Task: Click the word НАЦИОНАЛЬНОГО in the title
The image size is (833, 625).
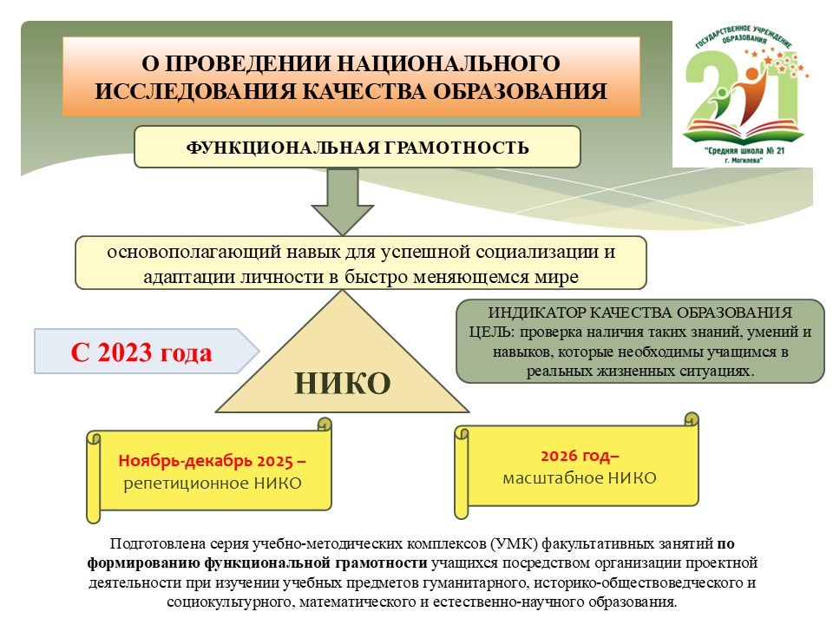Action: pyautogui.click(x=448, y=63)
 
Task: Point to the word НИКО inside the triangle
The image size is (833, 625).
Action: pyautogui.click(x=343, y=383)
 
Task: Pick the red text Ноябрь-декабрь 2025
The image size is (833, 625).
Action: pyautogui.click(x=206, y=461)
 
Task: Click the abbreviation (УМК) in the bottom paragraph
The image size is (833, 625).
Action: pyautogui.click(x=512, y=543)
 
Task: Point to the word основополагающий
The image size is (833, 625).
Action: pyautogui.click(x=193, y=252)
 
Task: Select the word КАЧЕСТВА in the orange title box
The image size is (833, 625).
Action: pyautogui.click(x=364, y=91)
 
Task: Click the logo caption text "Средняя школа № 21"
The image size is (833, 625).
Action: pyautogui.click(x=744, y=151)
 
